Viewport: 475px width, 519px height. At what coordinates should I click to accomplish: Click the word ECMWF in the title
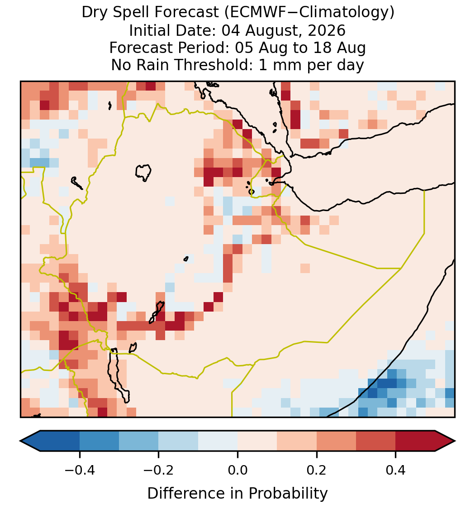[253, 13]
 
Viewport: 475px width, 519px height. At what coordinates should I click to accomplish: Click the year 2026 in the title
[327, 30]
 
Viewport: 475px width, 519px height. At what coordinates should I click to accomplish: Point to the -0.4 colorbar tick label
[80, 470]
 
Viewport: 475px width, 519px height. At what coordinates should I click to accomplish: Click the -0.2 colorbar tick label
[158, 470]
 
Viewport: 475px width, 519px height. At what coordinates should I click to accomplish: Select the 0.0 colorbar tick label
[237, 470]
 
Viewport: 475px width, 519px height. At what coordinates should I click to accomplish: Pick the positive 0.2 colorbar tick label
[317, 470]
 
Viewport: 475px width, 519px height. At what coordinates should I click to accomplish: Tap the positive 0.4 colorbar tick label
[396, 470]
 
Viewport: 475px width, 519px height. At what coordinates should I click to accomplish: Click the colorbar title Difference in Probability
[237, 494]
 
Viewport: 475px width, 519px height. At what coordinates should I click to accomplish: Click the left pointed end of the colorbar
[20, 441]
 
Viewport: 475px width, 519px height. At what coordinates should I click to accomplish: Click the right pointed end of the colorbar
[455, 441]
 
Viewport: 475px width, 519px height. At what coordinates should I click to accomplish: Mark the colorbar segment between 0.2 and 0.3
[337, 441]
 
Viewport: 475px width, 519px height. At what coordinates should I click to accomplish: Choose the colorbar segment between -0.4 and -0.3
[99, 441]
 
